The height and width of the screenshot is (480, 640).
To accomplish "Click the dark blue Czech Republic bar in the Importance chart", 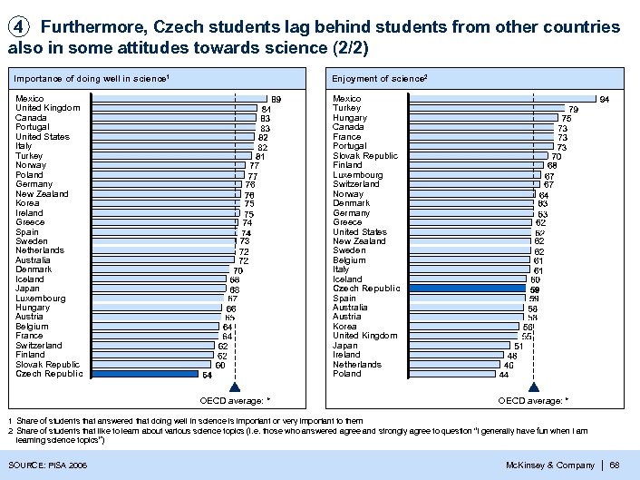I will pos(145,374).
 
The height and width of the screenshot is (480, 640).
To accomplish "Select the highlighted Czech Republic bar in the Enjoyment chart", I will pos(468,289).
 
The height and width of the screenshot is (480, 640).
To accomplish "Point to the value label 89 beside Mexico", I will pos(276,99).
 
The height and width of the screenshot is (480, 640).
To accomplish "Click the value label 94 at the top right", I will pos(604,99).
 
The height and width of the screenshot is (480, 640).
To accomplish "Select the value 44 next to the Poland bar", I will pos(503,374).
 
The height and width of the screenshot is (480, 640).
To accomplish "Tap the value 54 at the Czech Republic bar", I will pos(207,374).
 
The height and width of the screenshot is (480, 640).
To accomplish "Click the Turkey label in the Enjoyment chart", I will pos(346,108).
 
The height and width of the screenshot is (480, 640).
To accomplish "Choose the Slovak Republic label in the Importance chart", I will pos(47,365).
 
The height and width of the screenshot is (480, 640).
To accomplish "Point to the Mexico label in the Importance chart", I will pos(30,98).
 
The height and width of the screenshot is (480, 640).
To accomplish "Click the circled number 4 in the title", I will pos(18,27).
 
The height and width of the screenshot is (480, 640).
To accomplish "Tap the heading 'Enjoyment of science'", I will pos(379,80).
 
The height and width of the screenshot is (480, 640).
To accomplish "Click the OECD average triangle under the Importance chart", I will pos(236,387).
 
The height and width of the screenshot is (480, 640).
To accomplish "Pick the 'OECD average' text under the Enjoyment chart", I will pos(529,400).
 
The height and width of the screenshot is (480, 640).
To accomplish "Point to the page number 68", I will pos(615,465).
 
